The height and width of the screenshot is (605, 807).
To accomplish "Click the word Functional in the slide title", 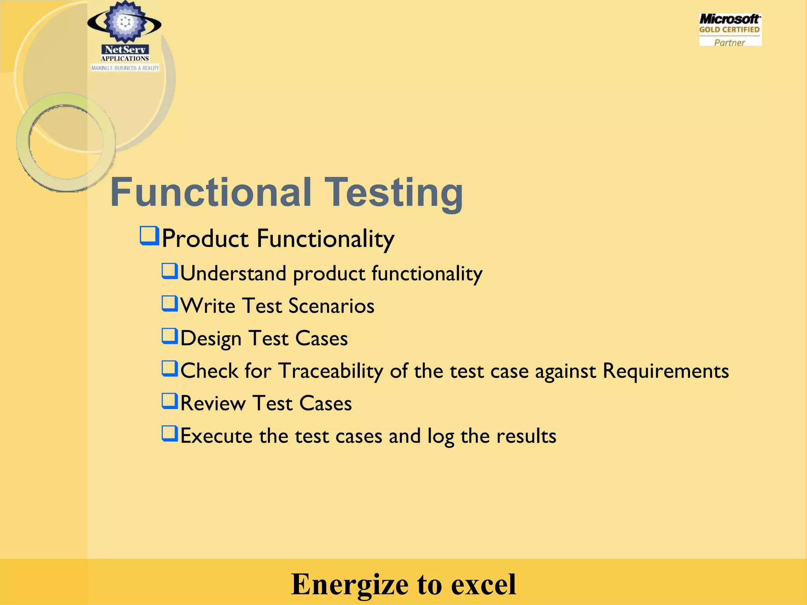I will (211, 192).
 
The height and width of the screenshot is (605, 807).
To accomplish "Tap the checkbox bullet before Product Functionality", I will (149, 236).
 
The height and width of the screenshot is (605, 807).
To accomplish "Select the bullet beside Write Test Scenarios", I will (170, 304).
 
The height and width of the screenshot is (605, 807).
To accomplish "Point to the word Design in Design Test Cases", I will (211, 339).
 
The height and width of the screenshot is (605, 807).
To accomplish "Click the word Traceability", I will (331, 371).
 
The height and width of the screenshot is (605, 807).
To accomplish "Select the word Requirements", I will (666, 371).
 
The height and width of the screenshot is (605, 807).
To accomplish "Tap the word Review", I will (213, 403).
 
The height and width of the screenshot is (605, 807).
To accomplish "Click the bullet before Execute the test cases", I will (170, 434).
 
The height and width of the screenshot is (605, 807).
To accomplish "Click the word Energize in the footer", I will (349, 584).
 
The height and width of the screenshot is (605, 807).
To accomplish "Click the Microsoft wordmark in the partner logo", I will (729, 19).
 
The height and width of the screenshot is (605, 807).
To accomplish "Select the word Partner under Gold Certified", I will (729, 43).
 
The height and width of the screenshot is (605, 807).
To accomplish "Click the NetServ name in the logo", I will (125, 50).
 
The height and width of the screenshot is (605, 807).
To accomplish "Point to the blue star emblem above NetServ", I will (125, 22).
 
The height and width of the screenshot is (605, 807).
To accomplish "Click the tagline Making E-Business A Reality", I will (125, 68).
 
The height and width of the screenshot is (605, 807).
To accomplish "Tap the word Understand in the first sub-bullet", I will (233, 274).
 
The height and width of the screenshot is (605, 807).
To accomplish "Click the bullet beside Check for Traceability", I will (170, 369).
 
